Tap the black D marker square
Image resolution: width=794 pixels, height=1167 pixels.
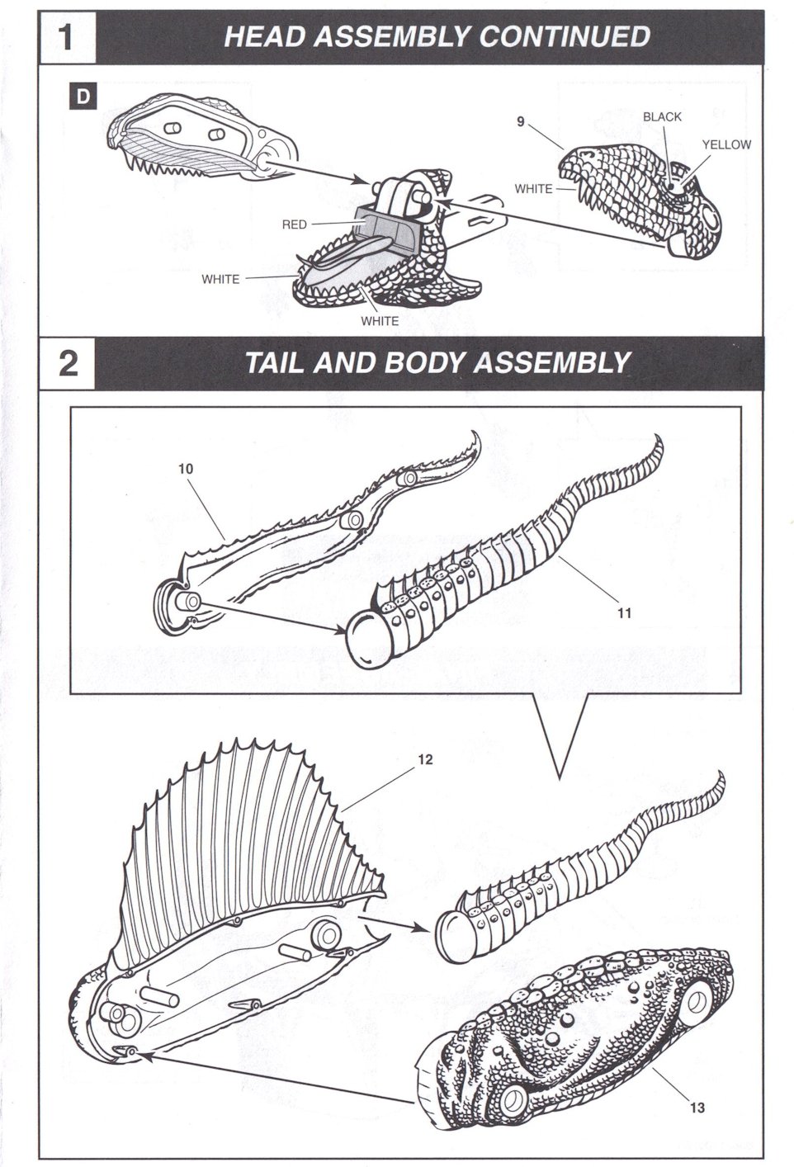click(83, 97)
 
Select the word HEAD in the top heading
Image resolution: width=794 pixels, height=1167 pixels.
click(259, 37)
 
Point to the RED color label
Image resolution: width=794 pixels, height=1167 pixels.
click(295, 224)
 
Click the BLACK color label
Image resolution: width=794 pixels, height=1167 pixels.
click(662, 117)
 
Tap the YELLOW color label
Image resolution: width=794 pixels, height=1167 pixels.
click(726, 144)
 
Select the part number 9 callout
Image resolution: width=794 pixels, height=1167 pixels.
click(520, 121)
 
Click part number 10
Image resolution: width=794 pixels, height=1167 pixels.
click(185, 468)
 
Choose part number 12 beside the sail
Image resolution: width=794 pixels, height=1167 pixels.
click(425, 760)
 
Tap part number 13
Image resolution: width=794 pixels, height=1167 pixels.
click(697, 1108)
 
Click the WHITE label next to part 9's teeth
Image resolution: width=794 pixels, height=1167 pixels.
click(533, 189)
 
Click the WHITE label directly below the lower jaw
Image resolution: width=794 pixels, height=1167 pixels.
click(379, 321)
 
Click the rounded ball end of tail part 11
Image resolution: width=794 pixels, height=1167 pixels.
click(364, 642)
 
